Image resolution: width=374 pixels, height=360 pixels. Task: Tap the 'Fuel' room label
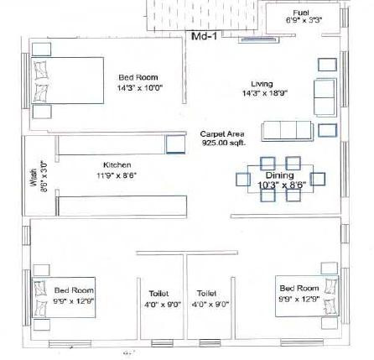(x=301, y=11)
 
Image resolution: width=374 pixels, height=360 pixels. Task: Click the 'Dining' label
(x=274, y=175)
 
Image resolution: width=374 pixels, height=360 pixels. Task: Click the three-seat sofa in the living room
(x=288, y=133)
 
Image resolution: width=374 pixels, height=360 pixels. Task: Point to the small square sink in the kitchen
(x=174, y=144)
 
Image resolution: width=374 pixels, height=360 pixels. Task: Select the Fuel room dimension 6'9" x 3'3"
(x=301, y=18)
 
